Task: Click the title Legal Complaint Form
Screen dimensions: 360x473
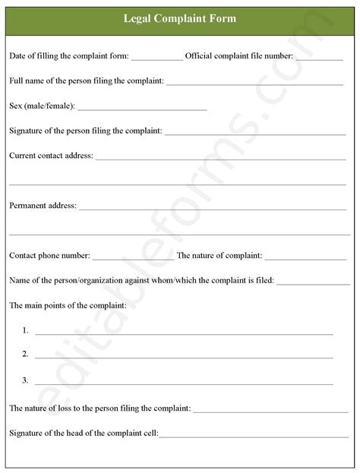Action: (180, 18)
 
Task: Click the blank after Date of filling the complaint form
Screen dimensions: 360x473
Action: (156, 58)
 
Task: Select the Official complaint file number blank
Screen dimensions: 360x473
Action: (319, 58)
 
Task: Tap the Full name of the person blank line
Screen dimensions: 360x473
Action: (254, 83)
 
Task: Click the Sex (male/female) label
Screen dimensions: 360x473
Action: (42, 106)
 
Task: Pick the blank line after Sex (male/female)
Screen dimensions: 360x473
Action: (142, 109)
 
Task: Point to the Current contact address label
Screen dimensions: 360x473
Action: (51, 156)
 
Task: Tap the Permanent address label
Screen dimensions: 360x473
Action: (43, 205)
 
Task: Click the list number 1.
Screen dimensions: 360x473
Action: (26, 330)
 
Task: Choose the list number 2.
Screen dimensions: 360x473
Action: (26, 355)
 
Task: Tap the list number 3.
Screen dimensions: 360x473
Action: (26, 380)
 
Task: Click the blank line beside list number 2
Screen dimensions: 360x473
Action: (184, 357)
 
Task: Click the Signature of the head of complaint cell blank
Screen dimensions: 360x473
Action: (254, 436)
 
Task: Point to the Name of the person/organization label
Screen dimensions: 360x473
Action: (141, 280)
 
